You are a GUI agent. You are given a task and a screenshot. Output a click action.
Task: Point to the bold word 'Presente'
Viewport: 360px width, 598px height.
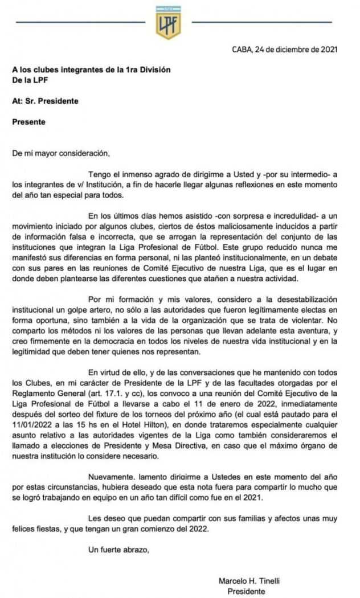(x=29, y=121)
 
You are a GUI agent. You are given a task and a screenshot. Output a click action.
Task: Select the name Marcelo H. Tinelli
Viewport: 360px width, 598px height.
(x=248, y=581)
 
